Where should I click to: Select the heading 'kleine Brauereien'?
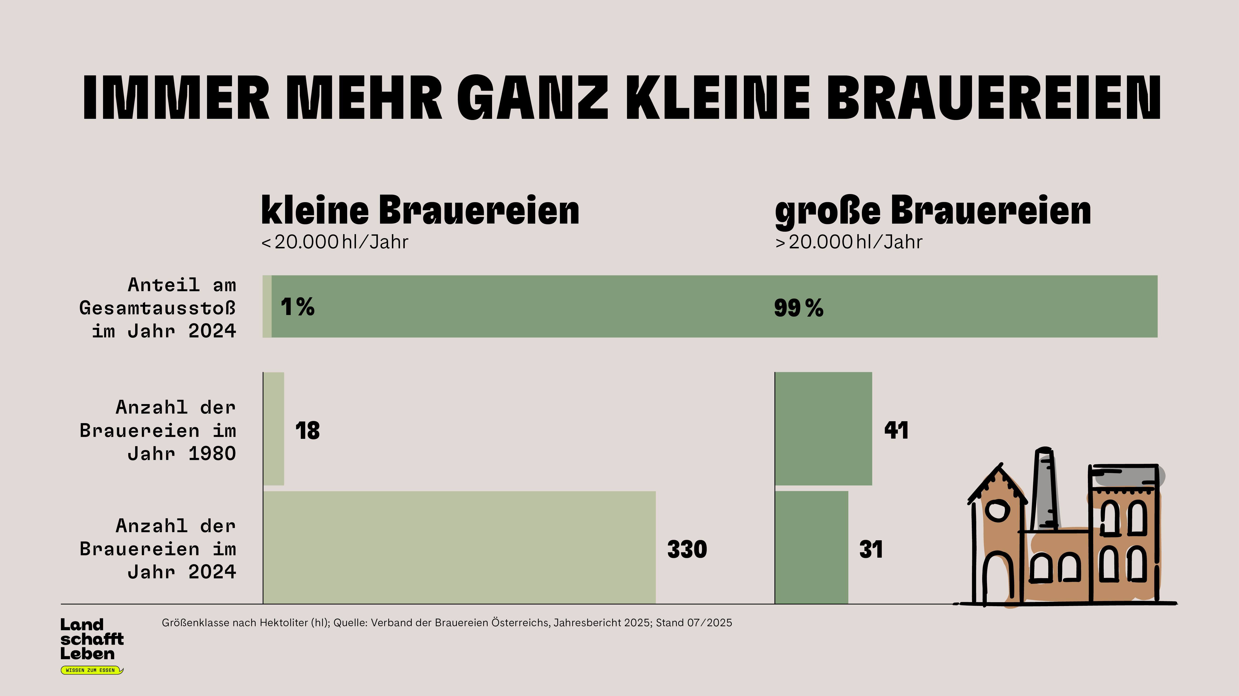(x=420, y=211)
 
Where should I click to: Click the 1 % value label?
(x=297, y=307)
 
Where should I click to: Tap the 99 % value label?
(x=798, y=308)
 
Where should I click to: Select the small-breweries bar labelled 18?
(x=274, y=428)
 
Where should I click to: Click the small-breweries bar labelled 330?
(x=459, y=547)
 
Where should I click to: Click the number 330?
(x=687, y=549)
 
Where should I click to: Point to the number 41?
(x=896, y=430)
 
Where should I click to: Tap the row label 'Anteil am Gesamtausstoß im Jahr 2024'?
(x=158, y=308)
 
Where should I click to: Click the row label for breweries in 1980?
(x=158, y=430)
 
